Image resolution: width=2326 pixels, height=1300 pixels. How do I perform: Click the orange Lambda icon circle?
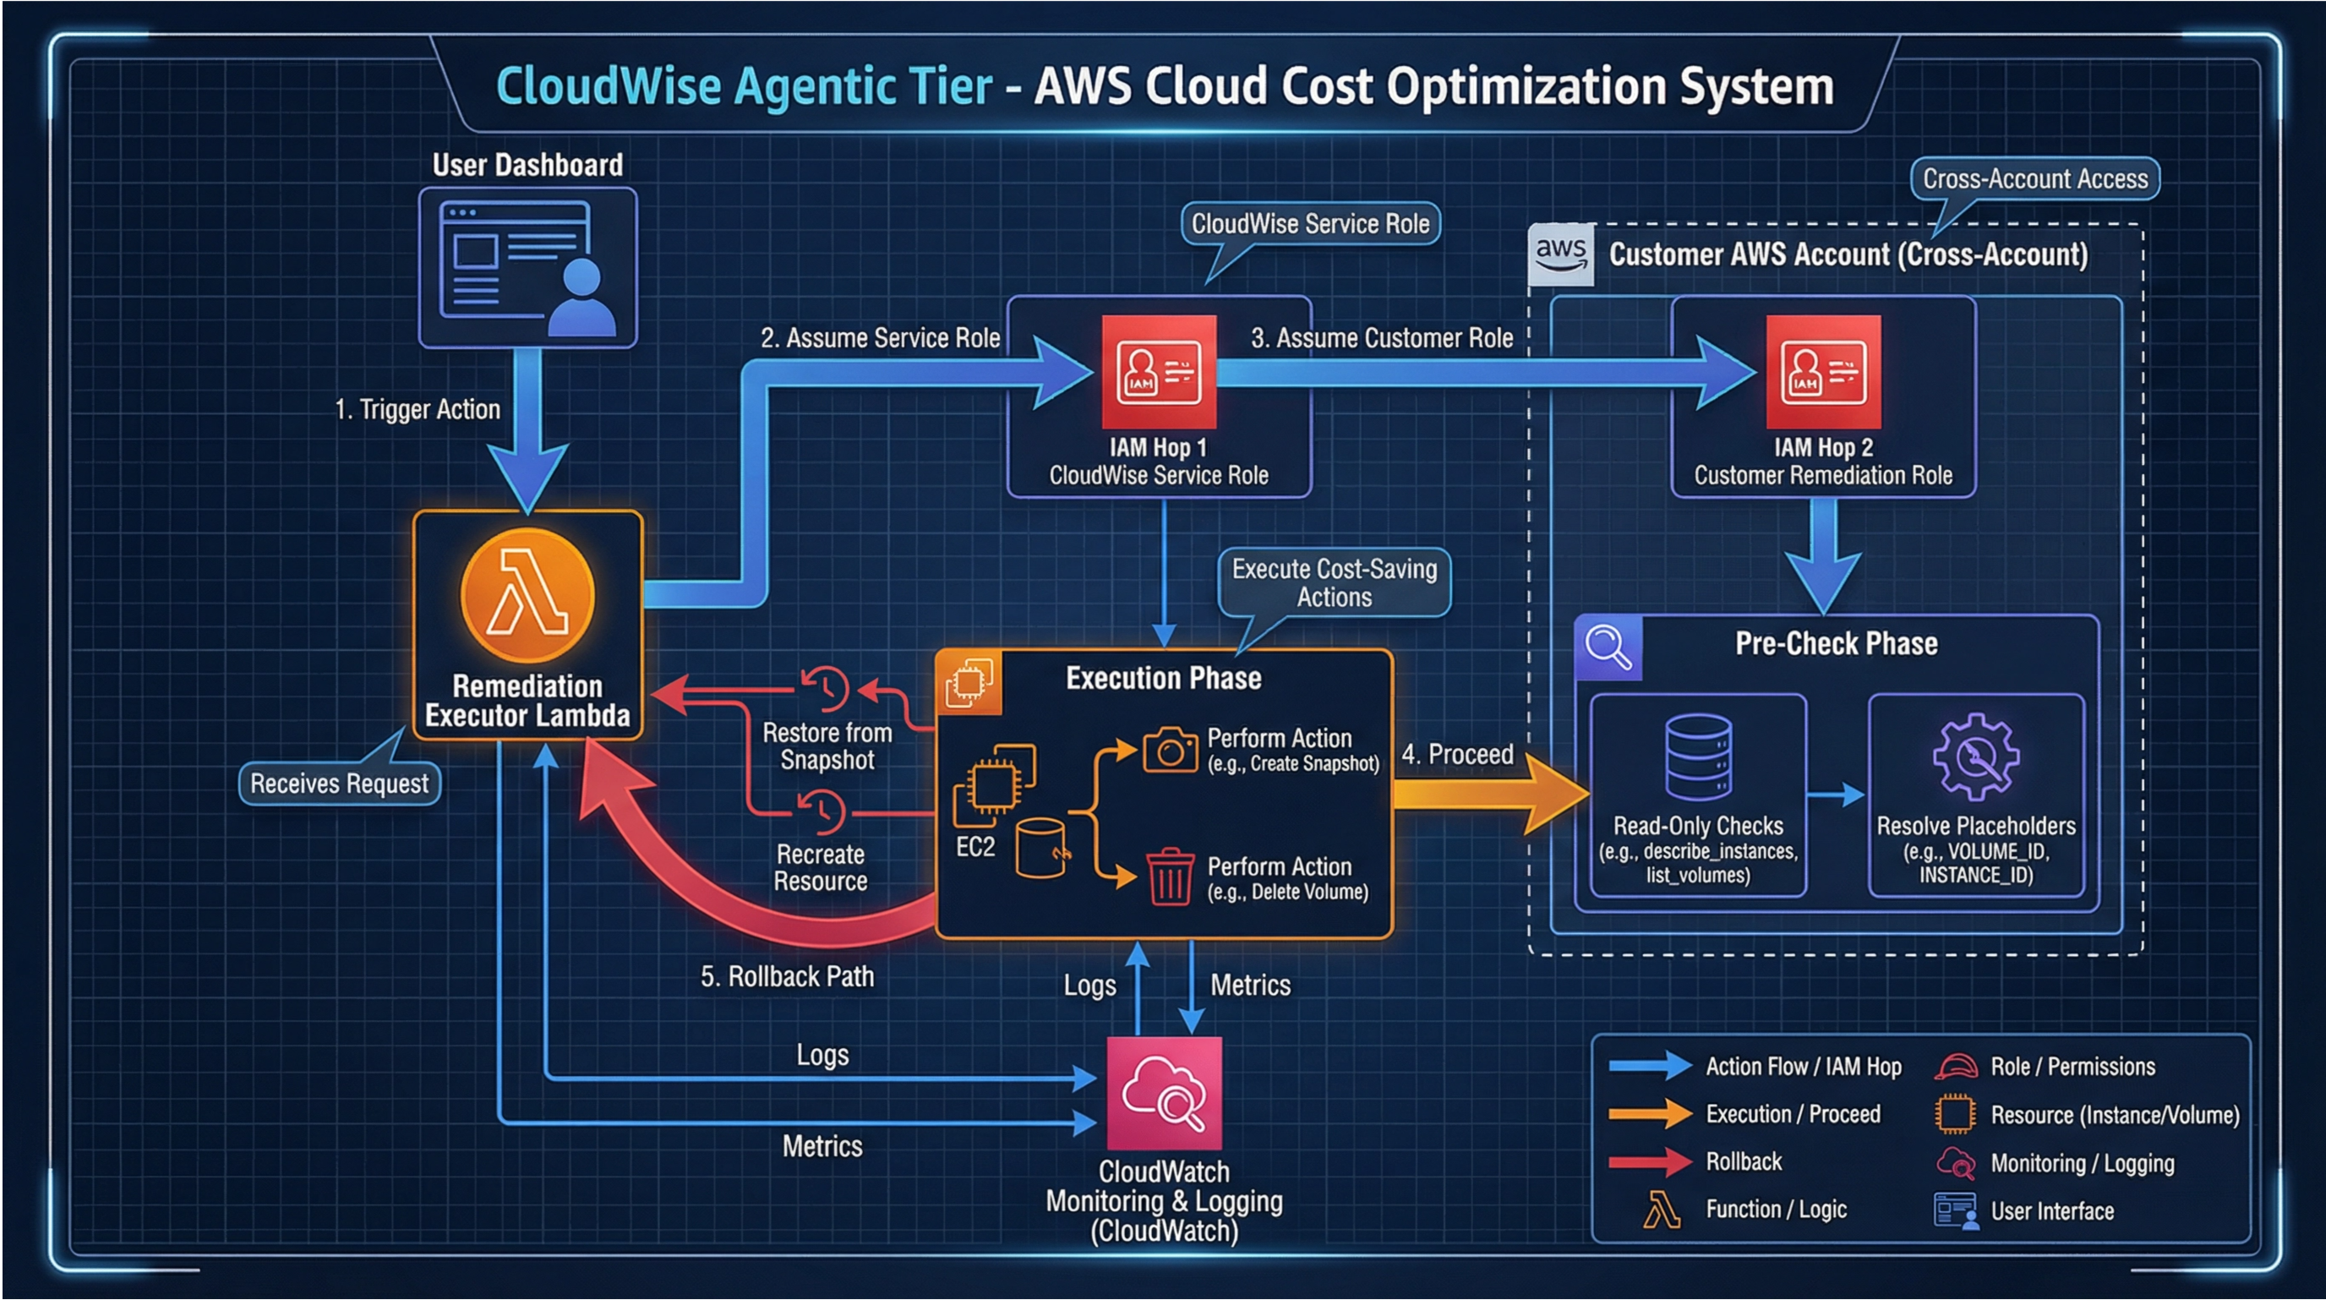527,596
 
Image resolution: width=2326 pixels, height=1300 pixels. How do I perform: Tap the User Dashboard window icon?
527,267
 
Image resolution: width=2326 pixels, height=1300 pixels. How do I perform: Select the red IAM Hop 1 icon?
1159,371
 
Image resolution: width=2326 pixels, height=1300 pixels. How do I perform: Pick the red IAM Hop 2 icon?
1823,371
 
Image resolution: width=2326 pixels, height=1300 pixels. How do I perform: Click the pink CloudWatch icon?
1164,1093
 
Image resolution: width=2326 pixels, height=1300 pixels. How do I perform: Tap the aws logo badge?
1560,254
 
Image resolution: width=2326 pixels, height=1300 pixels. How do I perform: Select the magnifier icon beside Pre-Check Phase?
1608,648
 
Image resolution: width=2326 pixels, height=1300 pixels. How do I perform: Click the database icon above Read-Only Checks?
1697,757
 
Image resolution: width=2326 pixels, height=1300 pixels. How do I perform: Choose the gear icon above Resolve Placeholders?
1975,757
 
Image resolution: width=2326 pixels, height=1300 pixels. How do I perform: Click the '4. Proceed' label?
1456,754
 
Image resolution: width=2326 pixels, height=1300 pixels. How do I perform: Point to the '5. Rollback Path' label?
788,977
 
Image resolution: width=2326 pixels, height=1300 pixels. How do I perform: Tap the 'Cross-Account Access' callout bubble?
2034,178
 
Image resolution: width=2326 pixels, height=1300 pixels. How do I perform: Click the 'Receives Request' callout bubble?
340,784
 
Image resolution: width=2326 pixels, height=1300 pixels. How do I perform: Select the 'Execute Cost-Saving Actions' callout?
1334,583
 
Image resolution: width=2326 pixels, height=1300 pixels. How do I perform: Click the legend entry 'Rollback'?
1743,1162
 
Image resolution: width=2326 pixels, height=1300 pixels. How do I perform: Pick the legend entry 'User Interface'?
2051,1210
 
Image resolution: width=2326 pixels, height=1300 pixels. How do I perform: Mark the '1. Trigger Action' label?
418,409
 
